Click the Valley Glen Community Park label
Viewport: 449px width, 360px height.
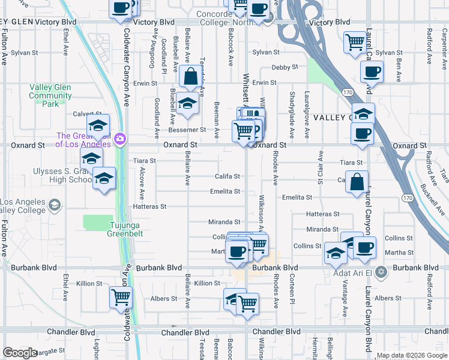50,95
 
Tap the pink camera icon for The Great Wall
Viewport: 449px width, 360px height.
121,139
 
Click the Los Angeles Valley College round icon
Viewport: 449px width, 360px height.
55,205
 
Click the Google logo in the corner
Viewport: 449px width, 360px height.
20,353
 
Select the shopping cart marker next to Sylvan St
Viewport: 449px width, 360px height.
355,42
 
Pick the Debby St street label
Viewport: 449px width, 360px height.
285,67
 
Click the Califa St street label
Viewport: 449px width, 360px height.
228,176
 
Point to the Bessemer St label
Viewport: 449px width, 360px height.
187,129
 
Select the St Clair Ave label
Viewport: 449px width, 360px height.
319,172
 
